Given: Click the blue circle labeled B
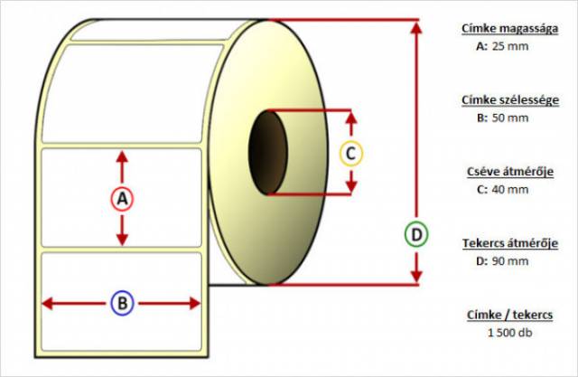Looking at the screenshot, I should tap(122, 303).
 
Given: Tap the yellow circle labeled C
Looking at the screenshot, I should tap(351, 153).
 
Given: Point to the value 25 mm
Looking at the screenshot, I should tap(511, 45).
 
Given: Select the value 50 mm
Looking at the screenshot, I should tap(511, 118).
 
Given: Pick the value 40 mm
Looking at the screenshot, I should tap(511, 189).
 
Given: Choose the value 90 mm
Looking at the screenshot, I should tap(511, 261).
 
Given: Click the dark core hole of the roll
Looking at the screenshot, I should tap(267, 152).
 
